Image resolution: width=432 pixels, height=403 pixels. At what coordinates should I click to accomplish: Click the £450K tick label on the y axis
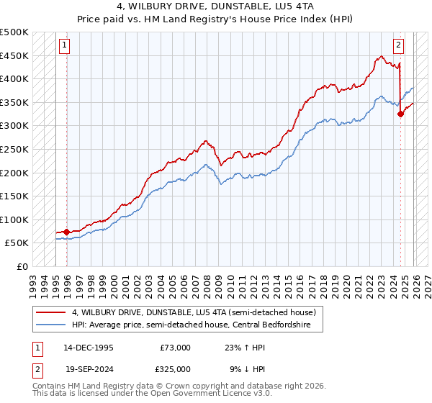click(14, 55)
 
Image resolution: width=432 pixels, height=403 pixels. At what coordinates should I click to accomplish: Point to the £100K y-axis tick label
click(14, 219)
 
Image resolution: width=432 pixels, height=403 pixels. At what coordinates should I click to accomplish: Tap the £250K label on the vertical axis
click(14, 149)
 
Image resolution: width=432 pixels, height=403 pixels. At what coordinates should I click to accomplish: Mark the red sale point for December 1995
click(67, 232)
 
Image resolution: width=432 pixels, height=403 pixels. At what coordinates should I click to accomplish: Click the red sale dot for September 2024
click(400, 114)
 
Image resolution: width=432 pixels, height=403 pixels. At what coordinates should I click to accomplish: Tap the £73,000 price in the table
click(176, 347)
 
